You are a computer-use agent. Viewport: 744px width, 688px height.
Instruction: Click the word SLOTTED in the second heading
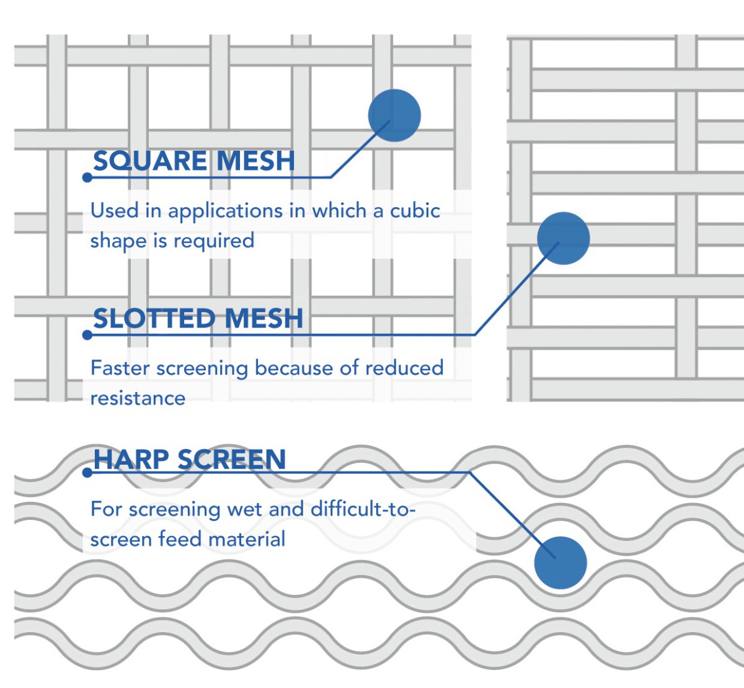click(154, 319)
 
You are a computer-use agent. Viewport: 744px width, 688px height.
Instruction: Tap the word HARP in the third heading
click(131, 460)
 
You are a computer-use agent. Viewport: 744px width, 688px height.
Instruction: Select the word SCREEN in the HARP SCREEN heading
click(232, 460)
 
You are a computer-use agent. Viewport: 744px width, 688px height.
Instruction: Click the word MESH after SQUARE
click(256, 161)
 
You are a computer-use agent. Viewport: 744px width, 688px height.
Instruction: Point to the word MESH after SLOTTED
click(264, 319)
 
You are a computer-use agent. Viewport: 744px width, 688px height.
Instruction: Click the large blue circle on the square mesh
click(394, 115)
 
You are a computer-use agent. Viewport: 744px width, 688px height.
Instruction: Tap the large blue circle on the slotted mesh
click(563, 238)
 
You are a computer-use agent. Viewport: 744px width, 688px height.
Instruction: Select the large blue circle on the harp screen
click(560, 563)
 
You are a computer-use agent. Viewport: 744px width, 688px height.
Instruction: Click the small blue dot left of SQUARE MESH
click(87, 177)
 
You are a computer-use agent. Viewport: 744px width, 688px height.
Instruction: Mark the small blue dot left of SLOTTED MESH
click(87, 335)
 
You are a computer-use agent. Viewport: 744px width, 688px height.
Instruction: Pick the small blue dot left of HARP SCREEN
click(87, 473)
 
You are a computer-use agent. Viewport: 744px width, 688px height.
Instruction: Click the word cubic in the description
click(415, 211)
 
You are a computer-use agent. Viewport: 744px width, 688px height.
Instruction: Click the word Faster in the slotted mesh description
click(120, 368)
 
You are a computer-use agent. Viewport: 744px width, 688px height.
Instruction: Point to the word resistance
click(138, 398)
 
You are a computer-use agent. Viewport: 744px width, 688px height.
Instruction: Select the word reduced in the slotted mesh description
click(404, 368)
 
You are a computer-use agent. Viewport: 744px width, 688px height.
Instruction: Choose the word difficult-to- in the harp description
click(363, 509)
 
